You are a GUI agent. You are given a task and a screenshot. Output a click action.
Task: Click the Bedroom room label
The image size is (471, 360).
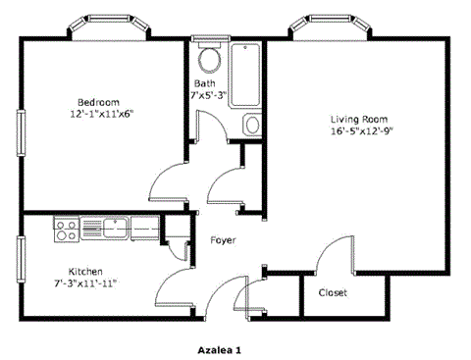pyautogui.click(x=98, y=102)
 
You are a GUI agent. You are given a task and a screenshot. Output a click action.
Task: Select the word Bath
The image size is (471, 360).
pyautogui.click(x=204, y=83)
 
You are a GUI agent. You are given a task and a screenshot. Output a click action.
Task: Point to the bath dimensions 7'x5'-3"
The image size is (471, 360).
pyautogui.click(x=209, y=95)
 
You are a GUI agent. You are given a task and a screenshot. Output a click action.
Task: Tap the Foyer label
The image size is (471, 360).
pyautogui.click(x=221, y=240)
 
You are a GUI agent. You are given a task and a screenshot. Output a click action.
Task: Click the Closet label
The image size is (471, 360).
pyautogui.click(x=333, y=292)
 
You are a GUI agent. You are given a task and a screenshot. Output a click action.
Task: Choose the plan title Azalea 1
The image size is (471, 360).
pyautogui.click(x=219, y=348)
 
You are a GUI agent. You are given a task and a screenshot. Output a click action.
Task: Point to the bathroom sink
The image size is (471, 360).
pyautogui.click(x=251, y=125)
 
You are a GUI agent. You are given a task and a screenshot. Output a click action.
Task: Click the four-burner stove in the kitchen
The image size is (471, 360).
pyautogui.click(x=66, y=231)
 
